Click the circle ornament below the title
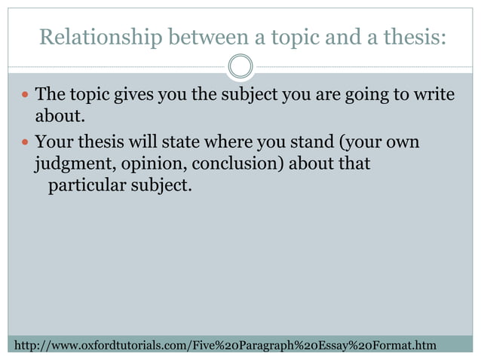pos(240,67)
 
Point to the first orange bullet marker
pos(25,96)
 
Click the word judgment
pos(72,163)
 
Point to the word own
pos(403,142)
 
